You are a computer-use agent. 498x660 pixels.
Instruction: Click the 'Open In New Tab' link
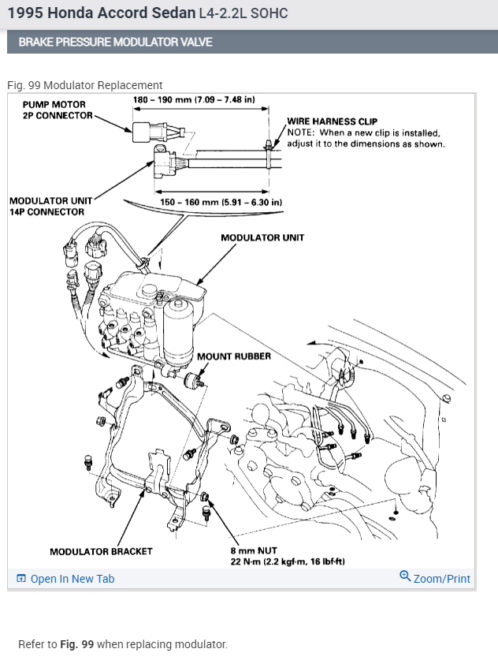[72, 579]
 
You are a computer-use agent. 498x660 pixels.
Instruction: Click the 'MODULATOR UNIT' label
[262, 237]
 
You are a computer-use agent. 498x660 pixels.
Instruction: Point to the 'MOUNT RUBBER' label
[234, 356]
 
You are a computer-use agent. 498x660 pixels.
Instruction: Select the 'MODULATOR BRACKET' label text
[101, 551]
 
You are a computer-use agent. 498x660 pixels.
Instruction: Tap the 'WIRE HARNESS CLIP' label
[332, 122]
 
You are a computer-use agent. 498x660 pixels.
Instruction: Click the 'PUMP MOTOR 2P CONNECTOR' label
[54, 110]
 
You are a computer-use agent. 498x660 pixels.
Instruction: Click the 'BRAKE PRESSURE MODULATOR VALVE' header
[115, 42]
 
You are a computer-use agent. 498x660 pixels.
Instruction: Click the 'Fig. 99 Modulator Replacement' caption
[85, 85]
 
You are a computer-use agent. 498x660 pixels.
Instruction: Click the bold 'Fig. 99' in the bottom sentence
[76, 644]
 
